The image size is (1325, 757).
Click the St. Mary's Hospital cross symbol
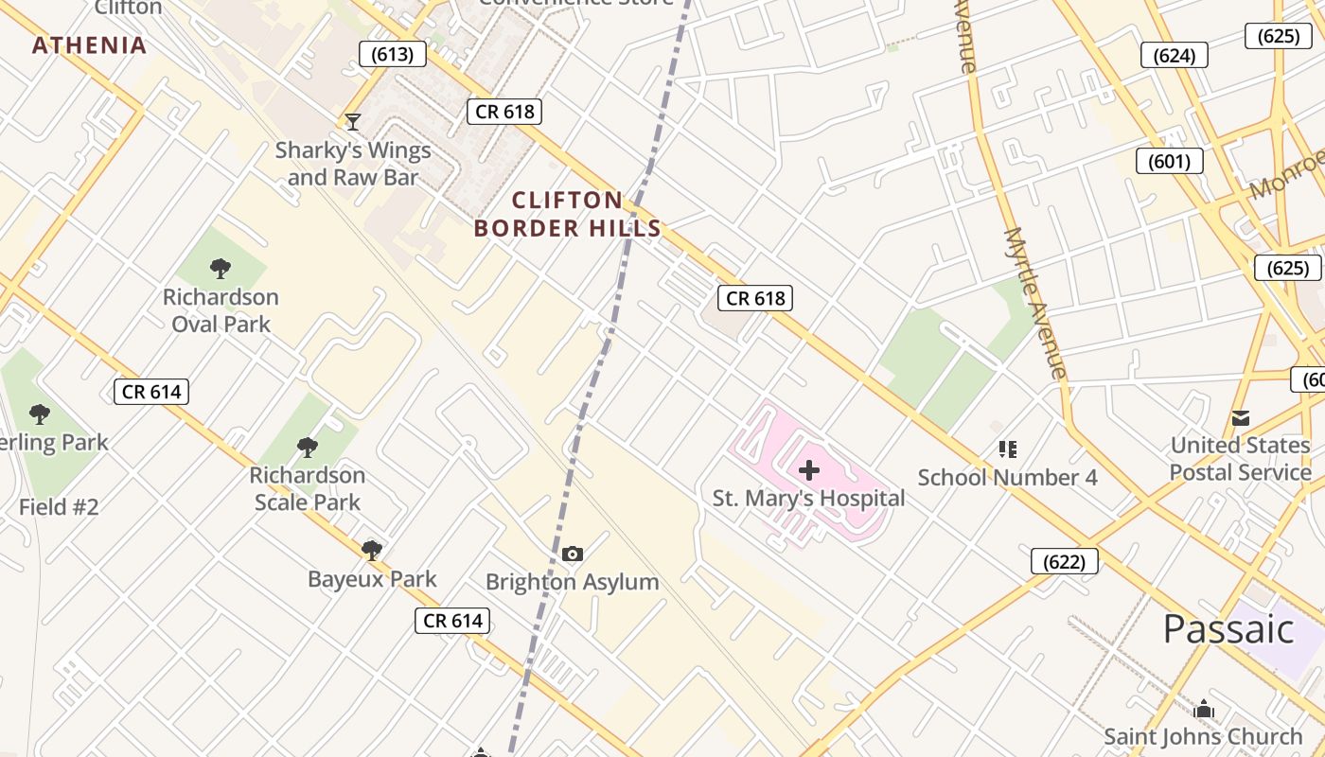click(x=809, y=469)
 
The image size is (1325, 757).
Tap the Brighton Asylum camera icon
click(x=572, y=554)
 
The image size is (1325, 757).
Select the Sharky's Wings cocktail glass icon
click(x=353, y=121)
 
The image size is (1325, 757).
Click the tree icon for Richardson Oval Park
click(x=221, y=269)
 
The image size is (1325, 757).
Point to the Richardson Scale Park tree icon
click(x=307, y=447)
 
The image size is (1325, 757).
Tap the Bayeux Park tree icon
click(x=372, y=550)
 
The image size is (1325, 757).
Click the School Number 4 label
click(x=1007, y=477)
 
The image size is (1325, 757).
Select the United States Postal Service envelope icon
click(x=1240, y=417)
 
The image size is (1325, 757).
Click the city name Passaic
click(x=1228, y=629)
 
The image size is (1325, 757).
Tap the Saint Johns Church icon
click(x=1203, y=709)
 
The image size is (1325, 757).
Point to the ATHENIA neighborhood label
click(x=90, y=45)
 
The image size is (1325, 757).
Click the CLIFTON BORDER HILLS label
click(x=567, y=214)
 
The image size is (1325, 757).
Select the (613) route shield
click(x=392, y=54)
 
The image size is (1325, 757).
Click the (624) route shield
click(x=1174, y=55)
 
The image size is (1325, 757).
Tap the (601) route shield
click(x=1169, y=161)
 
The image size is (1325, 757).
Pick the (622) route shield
click(x=1064, y=561)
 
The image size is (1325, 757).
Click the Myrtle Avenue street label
click(x=1036, y=303)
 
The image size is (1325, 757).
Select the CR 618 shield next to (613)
click(x=504, y=112)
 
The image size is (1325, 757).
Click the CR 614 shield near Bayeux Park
click(x=453, y=621)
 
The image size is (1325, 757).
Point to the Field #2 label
click(x=59, y=507)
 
